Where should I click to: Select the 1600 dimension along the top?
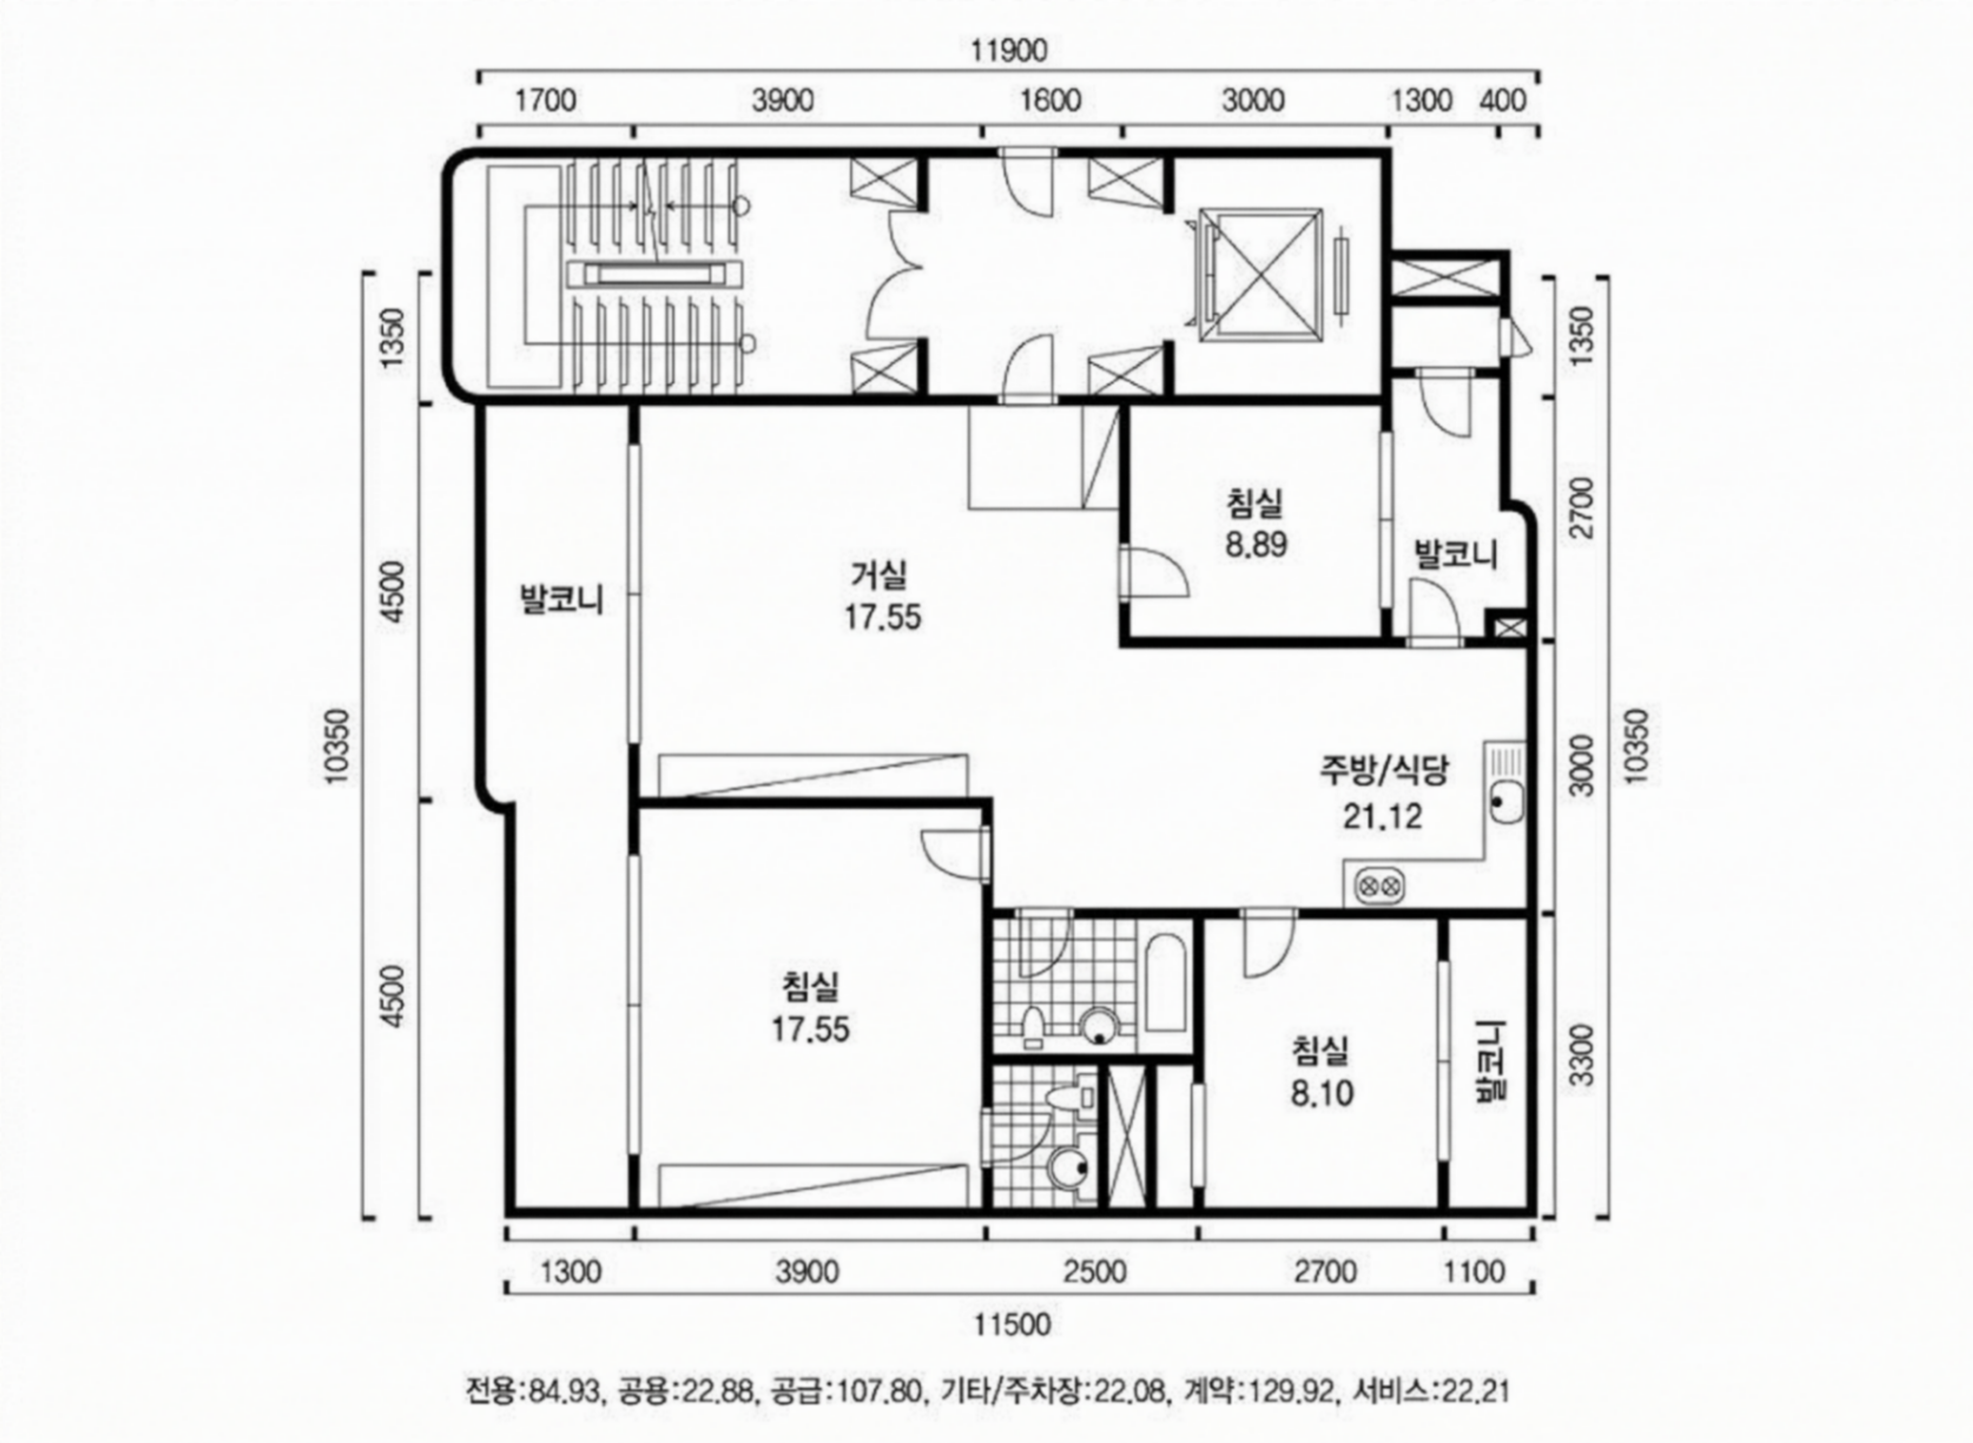pyautogui.click(x=1051, y=100)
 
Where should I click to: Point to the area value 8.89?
pyautogui.click(x=1256, y=545)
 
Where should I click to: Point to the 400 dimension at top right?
pyautogui.click(x=1503, y=100)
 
